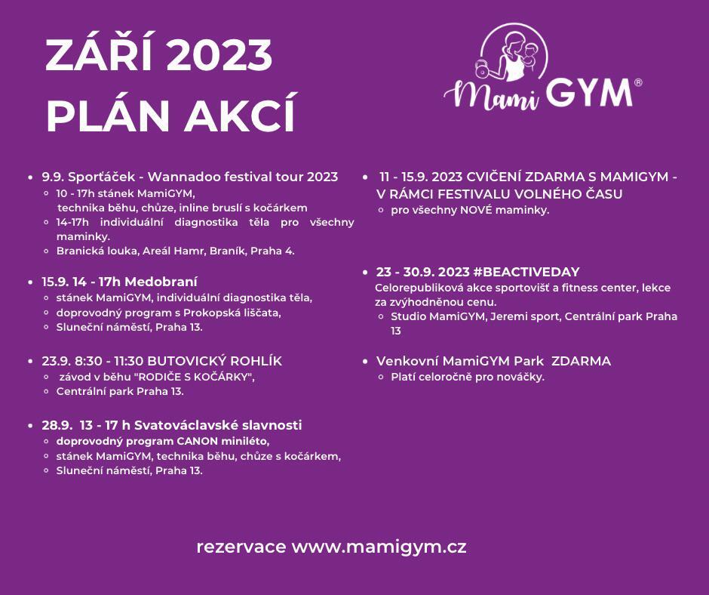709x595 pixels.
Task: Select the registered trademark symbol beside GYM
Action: click(638, 82)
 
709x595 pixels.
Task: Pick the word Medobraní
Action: click(161, 282)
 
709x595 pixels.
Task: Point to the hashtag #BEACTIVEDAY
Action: click(526, 272)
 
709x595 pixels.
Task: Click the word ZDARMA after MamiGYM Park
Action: click(582, 361)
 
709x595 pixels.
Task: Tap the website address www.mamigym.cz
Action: click(379, 547)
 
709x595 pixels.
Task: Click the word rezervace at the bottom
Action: click(241, 547)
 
